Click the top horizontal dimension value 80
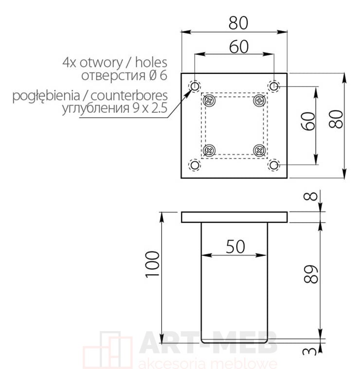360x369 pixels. coord(238,23)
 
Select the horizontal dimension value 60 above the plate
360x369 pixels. coord(238,47)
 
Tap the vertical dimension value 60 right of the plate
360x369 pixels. coord(308,121)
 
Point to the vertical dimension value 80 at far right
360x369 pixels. coord(336,119)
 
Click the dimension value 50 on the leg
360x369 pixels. coord(235,246)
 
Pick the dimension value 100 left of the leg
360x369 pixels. coord(152,264)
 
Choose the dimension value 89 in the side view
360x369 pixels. coord(310,274)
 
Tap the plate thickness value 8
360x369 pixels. coord(310,196)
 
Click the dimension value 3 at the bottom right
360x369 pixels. coord(310,351)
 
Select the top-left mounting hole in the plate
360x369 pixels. coord(195,87)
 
